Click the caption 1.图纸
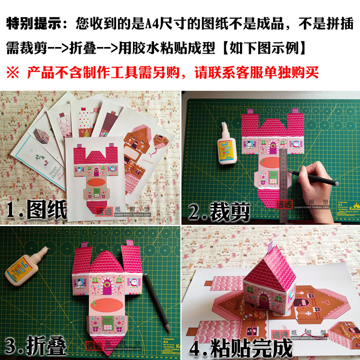(x=36, y=209)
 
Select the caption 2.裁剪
(x=218, y=210)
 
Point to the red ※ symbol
(x=12, y=72)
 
